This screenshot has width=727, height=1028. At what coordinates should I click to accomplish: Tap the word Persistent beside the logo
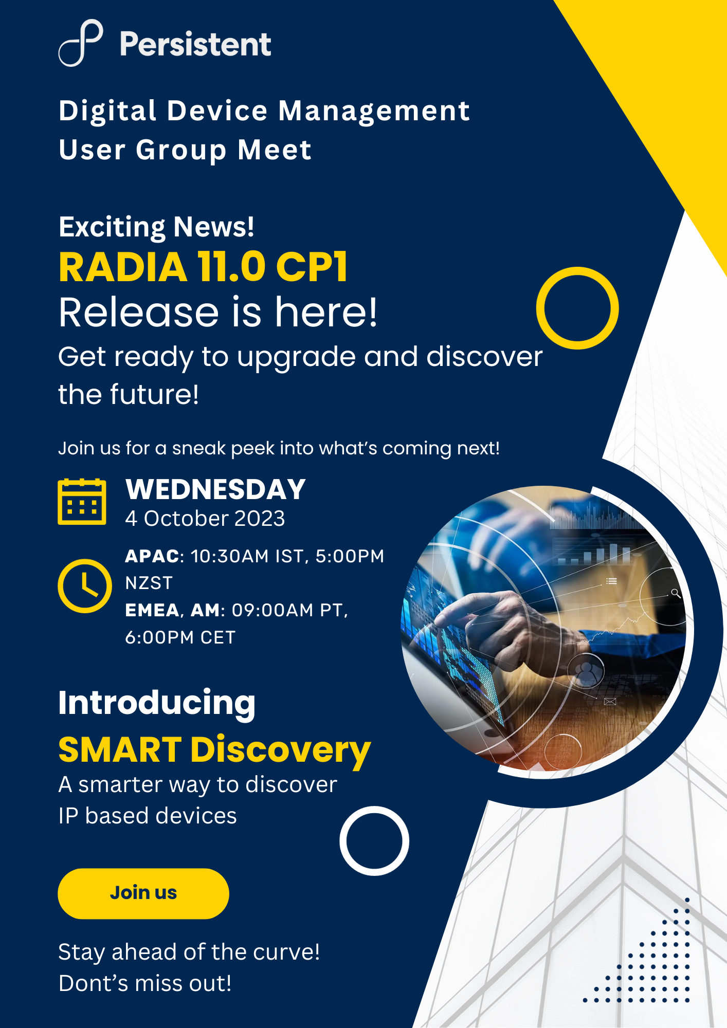coord(195,44)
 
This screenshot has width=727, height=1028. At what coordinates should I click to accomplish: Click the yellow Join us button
coord(143,893)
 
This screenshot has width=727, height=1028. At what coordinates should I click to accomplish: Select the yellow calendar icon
coord(82,502)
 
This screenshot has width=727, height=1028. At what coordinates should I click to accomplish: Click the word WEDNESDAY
coord(216,489)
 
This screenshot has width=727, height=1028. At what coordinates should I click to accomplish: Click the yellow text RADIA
coord(123,268)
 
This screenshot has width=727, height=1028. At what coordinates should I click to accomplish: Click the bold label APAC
coord(152,557)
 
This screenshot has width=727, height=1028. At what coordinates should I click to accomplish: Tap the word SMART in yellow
coord(120,750)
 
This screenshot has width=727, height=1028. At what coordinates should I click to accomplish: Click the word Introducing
coord(157,703)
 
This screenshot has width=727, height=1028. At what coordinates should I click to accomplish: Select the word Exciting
coord(113,228)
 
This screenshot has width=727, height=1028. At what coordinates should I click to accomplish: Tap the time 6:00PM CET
coord(180,638)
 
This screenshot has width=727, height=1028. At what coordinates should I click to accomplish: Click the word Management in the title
coord(374,112)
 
